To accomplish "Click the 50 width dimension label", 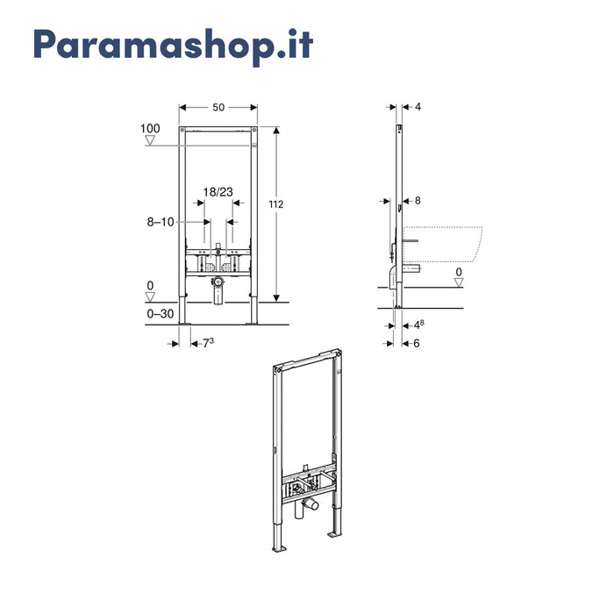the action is pyautogui.click(x=218, y=107).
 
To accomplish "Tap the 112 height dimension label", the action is pyautogui.click(x=276, y=204).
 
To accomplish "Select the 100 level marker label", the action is pyautogui.click(x=150, y=128).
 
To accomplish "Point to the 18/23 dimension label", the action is pyautogui.click(x=218, y=192).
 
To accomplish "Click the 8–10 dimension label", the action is pyautogui.click(x=161, y=222).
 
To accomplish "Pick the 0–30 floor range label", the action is pyautogui.click(x=161, y=314).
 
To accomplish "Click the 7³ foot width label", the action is pyautogui.click(x=209, y=343).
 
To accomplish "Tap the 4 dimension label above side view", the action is pyautogui.click(x=418, y=106).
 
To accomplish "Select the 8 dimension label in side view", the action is pyautogui.click(x=418, y=201).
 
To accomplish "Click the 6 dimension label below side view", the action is pyautogui.click(x=417, y=344).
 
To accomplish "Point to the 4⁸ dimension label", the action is pyautogui.click(x=419, y=325).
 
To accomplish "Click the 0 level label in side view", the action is pyautogui.click(x=459, y=272).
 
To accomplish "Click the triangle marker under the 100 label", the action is pyautogui.click(x=150, y=140).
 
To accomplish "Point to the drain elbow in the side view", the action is pyautogui.click(x=393, y=277).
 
